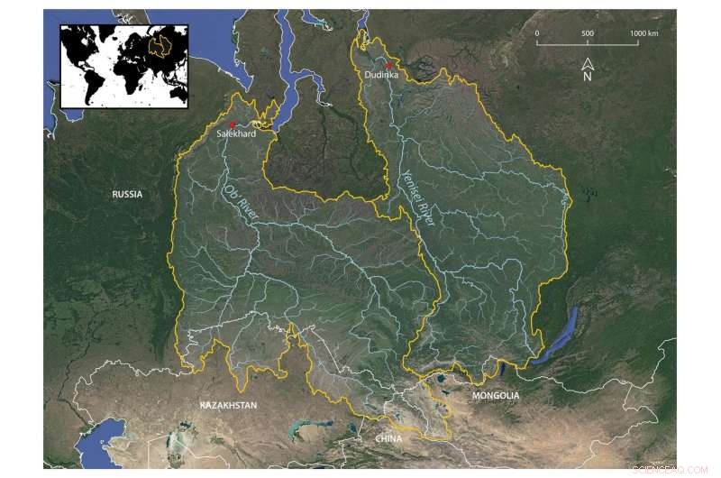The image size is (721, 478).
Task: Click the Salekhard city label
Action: point(237,134)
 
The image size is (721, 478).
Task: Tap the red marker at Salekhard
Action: point(233,124)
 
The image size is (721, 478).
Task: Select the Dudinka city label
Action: point(382,75)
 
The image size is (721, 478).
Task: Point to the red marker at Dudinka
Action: point(388,66)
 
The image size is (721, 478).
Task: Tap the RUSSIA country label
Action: point(128,194)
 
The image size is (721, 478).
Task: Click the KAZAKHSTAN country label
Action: point(228,406)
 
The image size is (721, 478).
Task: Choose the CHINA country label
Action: point(389,438)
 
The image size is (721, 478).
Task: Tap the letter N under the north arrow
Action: point(587,77)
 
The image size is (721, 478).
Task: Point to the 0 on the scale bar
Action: point(537,33)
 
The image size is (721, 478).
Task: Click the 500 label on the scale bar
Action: point(588,33)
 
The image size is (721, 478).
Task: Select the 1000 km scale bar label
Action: point(643,33)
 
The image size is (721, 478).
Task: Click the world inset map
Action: point(123,66)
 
